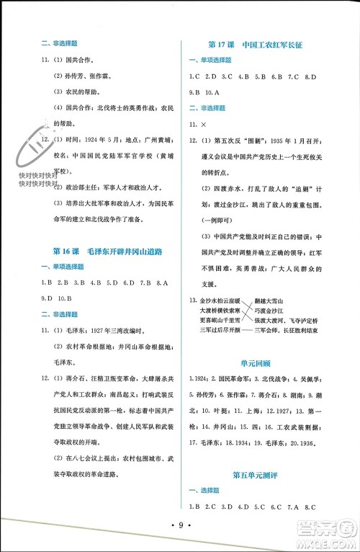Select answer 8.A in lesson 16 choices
(x=162, y=282)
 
